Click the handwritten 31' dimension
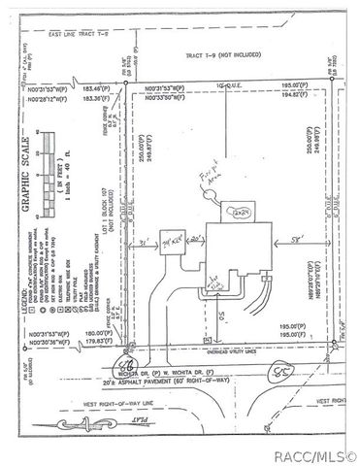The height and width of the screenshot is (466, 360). click(x=146, y=241)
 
